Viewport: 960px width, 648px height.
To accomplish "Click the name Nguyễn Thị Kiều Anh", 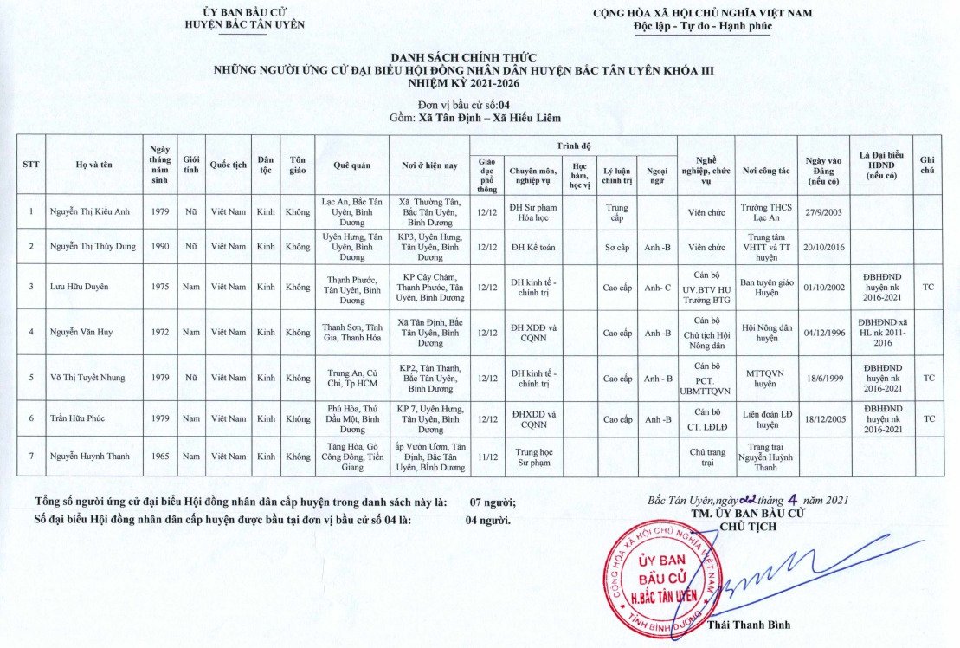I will pos(91,211).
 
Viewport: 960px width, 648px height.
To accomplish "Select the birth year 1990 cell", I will pos(159,246).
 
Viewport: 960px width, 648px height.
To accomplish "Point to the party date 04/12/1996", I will pos(823,332).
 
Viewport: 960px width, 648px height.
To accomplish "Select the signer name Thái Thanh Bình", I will pos(749,625).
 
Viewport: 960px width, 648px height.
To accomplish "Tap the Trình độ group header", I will pos(573,145).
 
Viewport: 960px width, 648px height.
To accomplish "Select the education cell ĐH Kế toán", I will pos(532,247).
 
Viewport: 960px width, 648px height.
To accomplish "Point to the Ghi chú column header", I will pos(928,165).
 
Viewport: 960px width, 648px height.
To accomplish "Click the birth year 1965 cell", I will pos(159,457).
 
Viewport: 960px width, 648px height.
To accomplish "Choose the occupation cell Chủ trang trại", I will pos(706,457).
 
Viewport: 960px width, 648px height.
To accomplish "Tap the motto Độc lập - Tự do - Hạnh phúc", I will pos(702,26).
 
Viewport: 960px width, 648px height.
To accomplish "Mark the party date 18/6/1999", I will pos(823,379).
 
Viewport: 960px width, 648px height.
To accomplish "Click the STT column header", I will pos(31,164).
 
